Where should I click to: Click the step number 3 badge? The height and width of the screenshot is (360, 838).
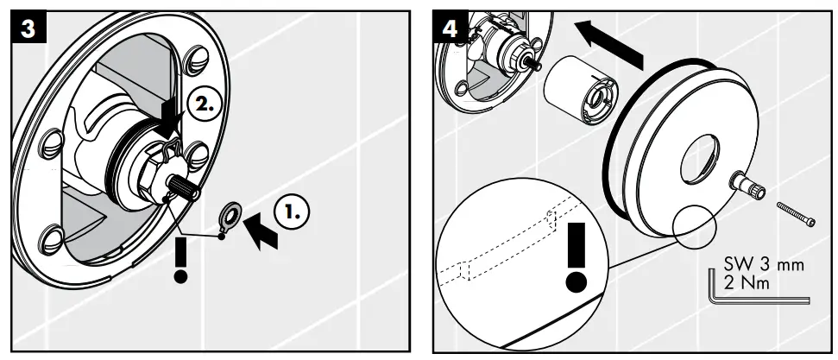(x=28, y=28)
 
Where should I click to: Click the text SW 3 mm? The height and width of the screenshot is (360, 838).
(x=762, y=265)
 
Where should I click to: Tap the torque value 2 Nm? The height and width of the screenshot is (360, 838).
(x=747, y=282)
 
